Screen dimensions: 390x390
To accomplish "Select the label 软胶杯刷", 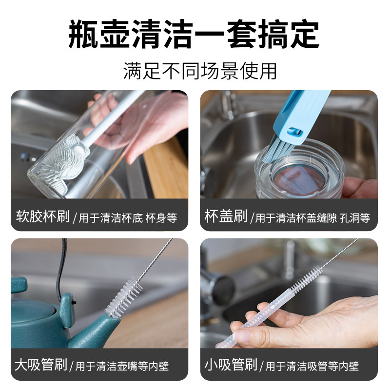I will tap(43, 216).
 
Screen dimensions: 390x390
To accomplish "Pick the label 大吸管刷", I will tap(40, 365).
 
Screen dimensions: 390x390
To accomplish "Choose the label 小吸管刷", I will tap(231, 365).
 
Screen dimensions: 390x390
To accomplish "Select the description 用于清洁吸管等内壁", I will tap(312, 366).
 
